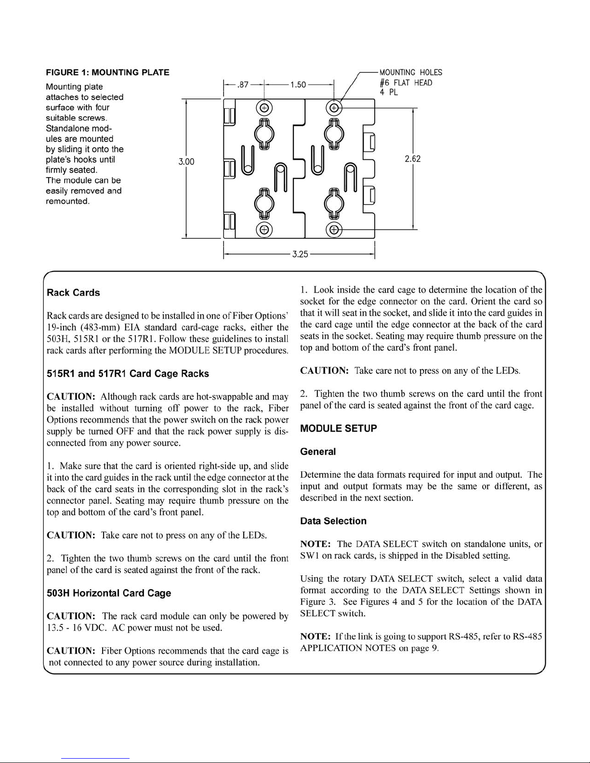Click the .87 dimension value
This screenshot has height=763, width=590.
click(x=243, y=85)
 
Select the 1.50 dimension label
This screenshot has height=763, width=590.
click(x=298, y=85)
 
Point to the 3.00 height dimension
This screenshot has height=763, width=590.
click(x=186, y=162)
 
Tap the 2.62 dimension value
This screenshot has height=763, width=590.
click(x=413, y=159)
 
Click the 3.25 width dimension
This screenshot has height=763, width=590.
click(x=300, y=254)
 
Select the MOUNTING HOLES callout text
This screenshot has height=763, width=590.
click(x=410, y=72)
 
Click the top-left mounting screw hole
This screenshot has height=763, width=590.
click(x=264, y=107)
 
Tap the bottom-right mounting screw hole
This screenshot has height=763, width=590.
click(x=334, y=230)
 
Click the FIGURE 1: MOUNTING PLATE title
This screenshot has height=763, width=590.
click(x=107, y=72)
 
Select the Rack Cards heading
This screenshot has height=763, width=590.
click(x=73, y=293)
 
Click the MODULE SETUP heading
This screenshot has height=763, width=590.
click(x=338, y=428)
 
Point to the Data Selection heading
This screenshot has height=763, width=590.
click(x=333, y=521)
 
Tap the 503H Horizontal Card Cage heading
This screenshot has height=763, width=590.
click(x=109, y=593)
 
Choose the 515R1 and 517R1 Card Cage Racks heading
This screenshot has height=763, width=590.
click(x=128, y=373)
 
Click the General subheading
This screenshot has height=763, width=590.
click(x=318, y=452)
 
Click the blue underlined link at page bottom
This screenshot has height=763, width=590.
click(x=95, y=759)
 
